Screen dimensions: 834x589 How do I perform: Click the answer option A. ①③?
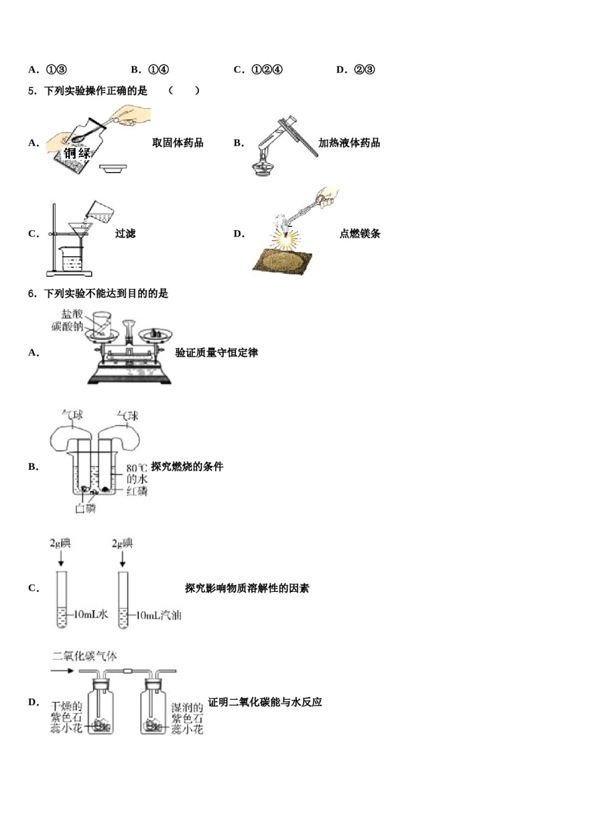[x=48, y=69]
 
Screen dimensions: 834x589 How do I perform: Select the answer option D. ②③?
[x=355, y=69]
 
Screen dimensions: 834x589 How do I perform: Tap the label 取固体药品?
[x=177, y=143]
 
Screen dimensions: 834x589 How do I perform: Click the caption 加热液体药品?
[x=349, y=143]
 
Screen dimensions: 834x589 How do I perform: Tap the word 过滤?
[x=125, y=233]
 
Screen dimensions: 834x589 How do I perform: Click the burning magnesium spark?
[x=286, y=238]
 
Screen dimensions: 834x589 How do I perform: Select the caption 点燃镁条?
[x=360, y=233]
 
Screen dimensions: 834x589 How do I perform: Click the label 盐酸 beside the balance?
[x=71, y=314]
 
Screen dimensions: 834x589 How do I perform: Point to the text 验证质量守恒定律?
[x=216, y=352]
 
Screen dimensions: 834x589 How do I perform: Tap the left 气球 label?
[x=73, y=415]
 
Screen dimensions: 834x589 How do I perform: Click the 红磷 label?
[x=137, y=491]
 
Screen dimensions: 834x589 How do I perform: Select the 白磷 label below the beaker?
[x=85, y=509]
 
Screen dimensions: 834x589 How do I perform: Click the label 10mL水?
[x=91, y=614]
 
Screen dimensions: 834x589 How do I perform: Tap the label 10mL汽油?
[x=158, y=614]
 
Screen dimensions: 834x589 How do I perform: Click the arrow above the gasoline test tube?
[x=123, y=559]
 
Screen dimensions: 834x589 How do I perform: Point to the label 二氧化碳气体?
[x=84, y=656]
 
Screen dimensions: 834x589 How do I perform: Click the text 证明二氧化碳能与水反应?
[x=265, y=702]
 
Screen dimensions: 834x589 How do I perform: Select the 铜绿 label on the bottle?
[x=77, y=153]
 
